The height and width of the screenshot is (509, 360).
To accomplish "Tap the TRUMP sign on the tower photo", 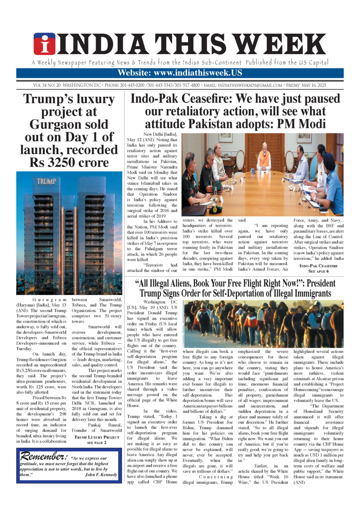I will tap(46, 182).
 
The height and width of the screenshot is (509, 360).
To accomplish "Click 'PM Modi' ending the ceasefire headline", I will tap(301, 124).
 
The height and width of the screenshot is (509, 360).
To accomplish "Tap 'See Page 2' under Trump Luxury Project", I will tap(97, 442).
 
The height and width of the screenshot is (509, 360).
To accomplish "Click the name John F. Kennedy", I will tap(101, 474).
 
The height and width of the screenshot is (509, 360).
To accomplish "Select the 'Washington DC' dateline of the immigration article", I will tap(160, 302).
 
